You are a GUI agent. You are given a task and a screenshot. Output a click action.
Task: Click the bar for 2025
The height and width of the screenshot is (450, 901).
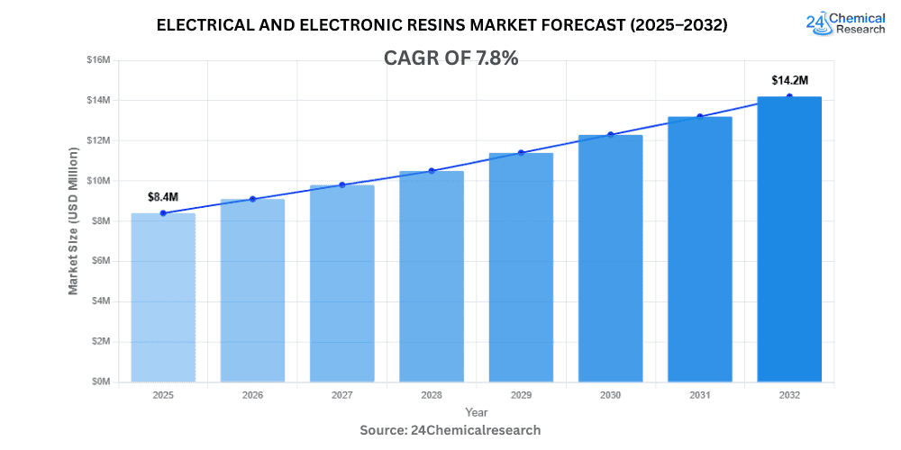point(163,297)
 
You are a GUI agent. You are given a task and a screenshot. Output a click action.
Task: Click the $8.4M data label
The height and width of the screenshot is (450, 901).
point(163,196)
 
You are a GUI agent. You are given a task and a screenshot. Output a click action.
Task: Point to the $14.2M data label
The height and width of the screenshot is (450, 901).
point(789,80)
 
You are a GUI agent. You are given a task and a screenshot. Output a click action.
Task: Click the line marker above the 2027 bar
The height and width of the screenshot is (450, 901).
point(342,184)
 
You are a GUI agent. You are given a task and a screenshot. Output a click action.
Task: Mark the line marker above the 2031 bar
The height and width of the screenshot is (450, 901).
point(699,116)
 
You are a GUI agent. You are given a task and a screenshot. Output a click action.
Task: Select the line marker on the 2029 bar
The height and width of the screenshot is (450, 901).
point(521,153)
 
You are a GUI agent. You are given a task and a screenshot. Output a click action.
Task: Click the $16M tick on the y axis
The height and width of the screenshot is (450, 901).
point(98,59)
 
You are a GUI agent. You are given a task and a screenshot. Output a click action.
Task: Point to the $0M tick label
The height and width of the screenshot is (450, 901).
point(100,382)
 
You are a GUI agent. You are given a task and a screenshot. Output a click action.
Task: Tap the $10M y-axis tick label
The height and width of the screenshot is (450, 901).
point(98,180)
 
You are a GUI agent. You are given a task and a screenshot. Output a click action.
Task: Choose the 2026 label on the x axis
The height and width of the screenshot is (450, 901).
point(252,395)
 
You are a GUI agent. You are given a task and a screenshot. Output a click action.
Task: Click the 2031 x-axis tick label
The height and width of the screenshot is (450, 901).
point(699,395)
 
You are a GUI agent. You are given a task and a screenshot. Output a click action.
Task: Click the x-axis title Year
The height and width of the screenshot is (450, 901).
point(476,412)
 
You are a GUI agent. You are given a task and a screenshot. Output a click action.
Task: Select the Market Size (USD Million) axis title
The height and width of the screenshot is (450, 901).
point(73,220)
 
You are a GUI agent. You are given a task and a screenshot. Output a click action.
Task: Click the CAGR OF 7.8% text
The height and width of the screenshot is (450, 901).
point(450,58)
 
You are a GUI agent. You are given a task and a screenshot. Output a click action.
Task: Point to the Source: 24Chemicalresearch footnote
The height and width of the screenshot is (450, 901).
point(450,430)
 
